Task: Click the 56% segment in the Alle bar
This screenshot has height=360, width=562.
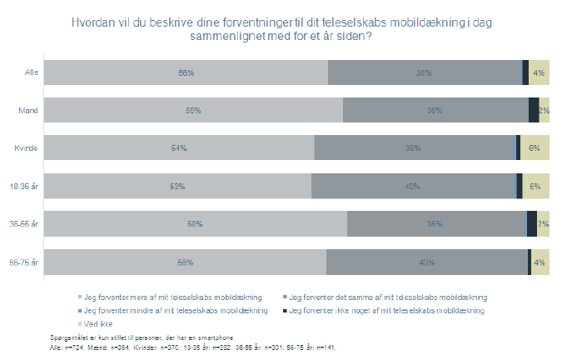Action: pos(186,73)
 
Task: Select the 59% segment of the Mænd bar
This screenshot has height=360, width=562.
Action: pos(193,111)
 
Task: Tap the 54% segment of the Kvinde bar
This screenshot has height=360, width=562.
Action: pos(179,148)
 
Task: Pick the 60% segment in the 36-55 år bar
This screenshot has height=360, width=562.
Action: pos(195,224)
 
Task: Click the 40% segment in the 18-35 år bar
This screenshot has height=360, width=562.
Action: pos(412,186)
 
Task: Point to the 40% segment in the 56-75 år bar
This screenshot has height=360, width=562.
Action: pos(426,262)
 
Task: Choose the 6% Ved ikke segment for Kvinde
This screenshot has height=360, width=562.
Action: pos(535,148)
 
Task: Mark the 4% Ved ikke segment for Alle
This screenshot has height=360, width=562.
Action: pos(539,73)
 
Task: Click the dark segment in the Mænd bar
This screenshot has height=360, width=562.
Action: pos(533,111)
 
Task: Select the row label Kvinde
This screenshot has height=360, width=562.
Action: pos(27,148)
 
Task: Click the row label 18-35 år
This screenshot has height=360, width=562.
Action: pos(24,186)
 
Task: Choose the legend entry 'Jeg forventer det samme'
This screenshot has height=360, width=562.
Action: pos(386,297)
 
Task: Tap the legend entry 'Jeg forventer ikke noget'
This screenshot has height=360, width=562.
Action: pos(388,310)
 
